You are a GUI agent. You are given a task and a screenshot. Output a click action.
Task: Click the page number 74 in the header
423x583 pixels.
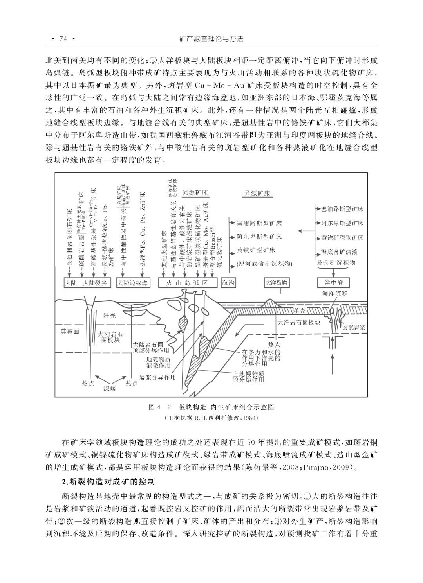click(63, 39)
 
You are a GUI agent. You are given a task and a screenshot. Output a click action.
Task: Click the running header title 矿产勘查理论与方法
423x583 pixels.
click(211, 39)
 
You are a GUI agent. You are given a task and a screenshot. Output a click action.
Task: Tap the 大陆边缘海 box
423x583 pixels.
click(133, 283)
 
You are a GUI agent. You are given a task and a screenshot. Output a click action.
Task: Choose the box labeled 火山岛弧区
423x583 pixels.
click(188, 283)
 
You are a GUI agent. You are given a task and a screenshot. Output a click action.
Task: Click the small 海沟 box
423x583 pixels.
click(228, 283)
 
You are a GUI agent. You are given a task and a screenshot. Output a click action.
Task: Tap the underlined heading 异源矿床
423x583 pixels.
click(257, 193)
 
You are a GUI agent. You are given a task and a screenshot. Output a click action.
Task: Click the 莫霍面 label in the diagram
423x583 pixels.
click(70, 332)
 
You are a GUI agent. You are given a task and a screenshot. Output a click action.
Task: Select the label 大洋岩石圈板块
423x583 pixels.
click(299, 323)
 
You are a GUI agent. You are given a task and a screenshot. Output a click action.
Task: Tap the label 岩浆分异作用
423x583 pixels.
click(157, 377)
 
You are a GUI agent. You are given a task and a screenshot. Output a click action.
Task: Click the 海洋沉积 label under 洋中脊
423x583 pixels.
click(334, 294)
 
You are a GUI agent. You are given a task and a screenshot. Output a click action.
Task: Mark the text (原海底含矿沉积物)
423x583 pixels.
click(265, 264)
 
